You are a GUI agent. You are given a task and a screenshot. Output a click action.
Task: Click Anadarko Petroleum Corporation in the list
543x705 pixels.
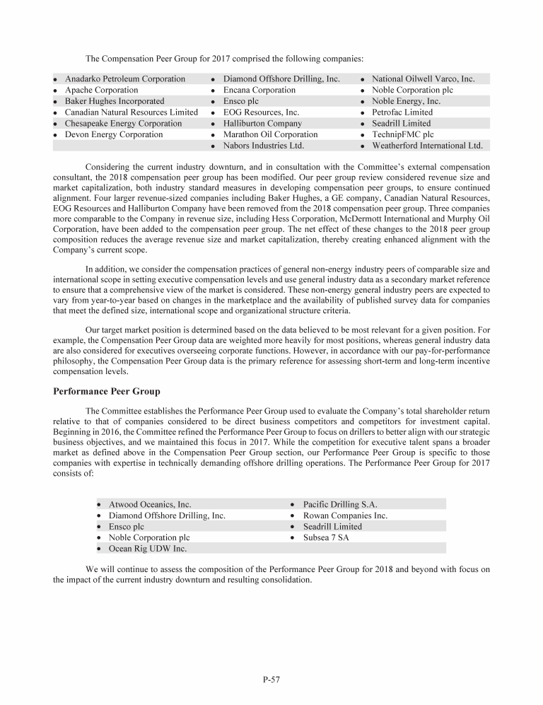pos(125,79)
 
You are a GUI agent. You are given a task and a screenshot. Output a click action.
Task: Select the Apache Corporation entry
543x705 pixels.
pos(101,90)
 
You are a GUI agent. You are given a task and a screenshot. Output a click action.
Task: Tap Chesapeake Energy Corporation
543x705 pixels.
pos(123,123)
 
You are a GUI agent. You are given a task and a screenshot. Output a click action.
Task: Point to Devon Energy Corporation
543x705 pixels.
pos(113,134)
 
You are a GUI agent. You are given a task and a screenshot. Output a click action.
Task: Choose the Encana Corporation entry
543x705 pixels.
pos(259,90)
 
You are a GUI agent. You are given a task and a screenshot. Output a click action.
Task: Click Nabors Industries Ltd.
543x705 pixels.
pos(263,146)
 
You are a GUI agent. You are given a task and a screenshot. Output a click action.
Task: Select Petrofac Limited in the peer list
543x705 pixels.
pos(402,112)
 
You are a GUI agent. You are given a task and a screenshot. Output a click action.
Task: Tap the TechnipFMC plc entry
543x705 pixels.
pos(402,134)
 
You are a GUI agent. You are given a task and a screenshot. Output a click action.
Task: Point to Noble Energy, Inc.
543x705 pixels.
pos(406,101)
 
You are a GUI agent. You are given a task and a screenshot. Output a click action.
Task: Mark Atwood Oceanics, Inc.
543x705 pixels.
pos(149,505)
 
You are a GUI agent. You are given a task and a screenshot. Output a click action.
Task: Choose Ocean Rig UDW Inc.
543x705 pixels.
pos(147,548)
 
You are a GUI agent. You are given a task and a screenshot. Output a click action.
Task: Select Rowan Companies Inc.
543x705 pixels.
pos(345,515)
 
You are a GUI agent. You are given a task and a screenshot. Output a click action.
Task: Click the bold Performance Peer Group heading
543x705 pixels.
pos(107,391)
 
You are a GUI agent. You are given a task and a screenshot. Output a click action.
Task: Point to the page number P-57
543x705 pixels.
pos(271,680)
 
